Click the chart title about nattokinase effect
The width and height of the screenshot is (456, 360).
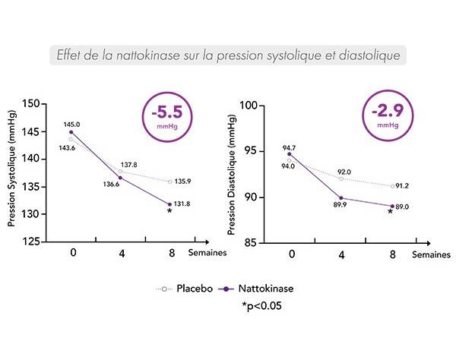coord(227,55)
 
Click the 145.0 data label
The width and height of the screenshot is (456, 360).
coord(72,124)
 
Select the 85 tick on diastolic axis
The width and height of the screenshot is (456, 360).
coord(255,242)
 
